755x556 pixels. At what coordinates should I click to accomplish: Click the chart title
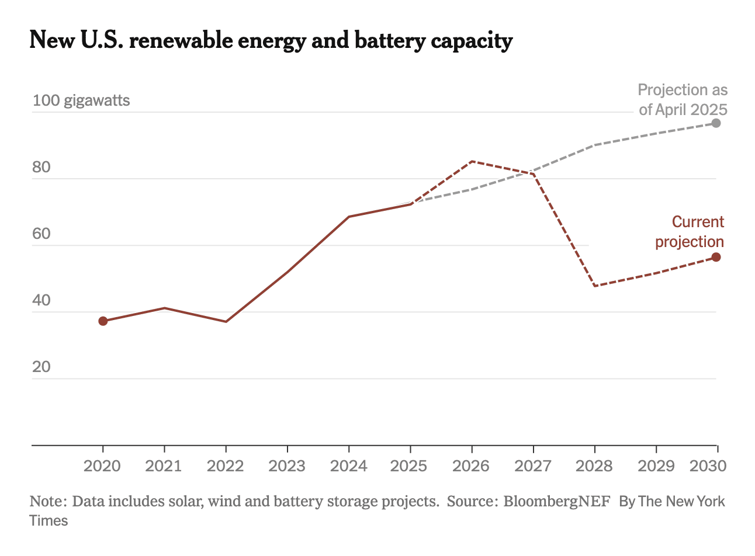(271, 41)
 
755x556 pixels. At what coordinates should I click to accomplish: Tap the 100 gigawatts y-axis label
(81, 100)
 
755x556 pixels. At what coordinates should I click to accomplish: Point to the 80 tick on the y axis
(41, 168)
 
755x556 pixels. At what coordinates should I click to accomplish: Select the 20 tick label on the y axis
(41, 367)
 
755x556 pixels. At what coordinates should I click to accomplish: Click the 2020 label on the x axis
(103, 466)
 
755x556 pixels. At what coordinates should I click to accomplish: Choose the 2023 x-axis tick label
(287, 466)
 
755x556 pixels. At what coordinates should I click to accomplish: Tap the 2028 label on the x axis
(594, 466)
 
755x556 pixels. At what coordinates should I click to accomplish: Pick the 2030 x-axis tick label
(708, 466)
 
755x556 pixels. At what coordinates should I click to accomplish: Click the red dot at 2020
(103, 321)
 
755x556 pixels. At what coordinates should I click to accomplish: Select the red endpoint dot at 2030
(716, 258)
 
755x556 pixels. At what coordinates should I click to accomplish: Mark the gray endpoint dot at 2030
(716, 123)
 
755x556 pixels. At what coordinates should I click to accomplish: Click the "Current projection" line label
(690, 232)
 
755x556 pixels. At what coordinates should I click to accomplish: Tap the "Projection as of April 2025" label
(683, 100)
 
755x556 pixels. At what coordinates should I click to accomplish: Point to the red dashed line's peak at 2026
(472, 161)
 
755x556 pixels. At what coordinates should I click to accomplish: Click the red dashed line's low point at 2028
(595, 286)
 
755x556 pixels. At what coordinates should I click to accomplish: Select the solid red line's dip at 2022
(226, 322)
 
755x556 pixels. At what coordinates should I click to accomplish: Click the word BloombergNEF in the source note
(557, 501)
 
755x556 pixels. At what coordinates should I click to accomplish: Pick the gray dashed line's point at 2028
(595, 145)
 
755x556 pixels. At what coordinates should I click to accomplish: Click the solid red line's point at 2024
(349, 217)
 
